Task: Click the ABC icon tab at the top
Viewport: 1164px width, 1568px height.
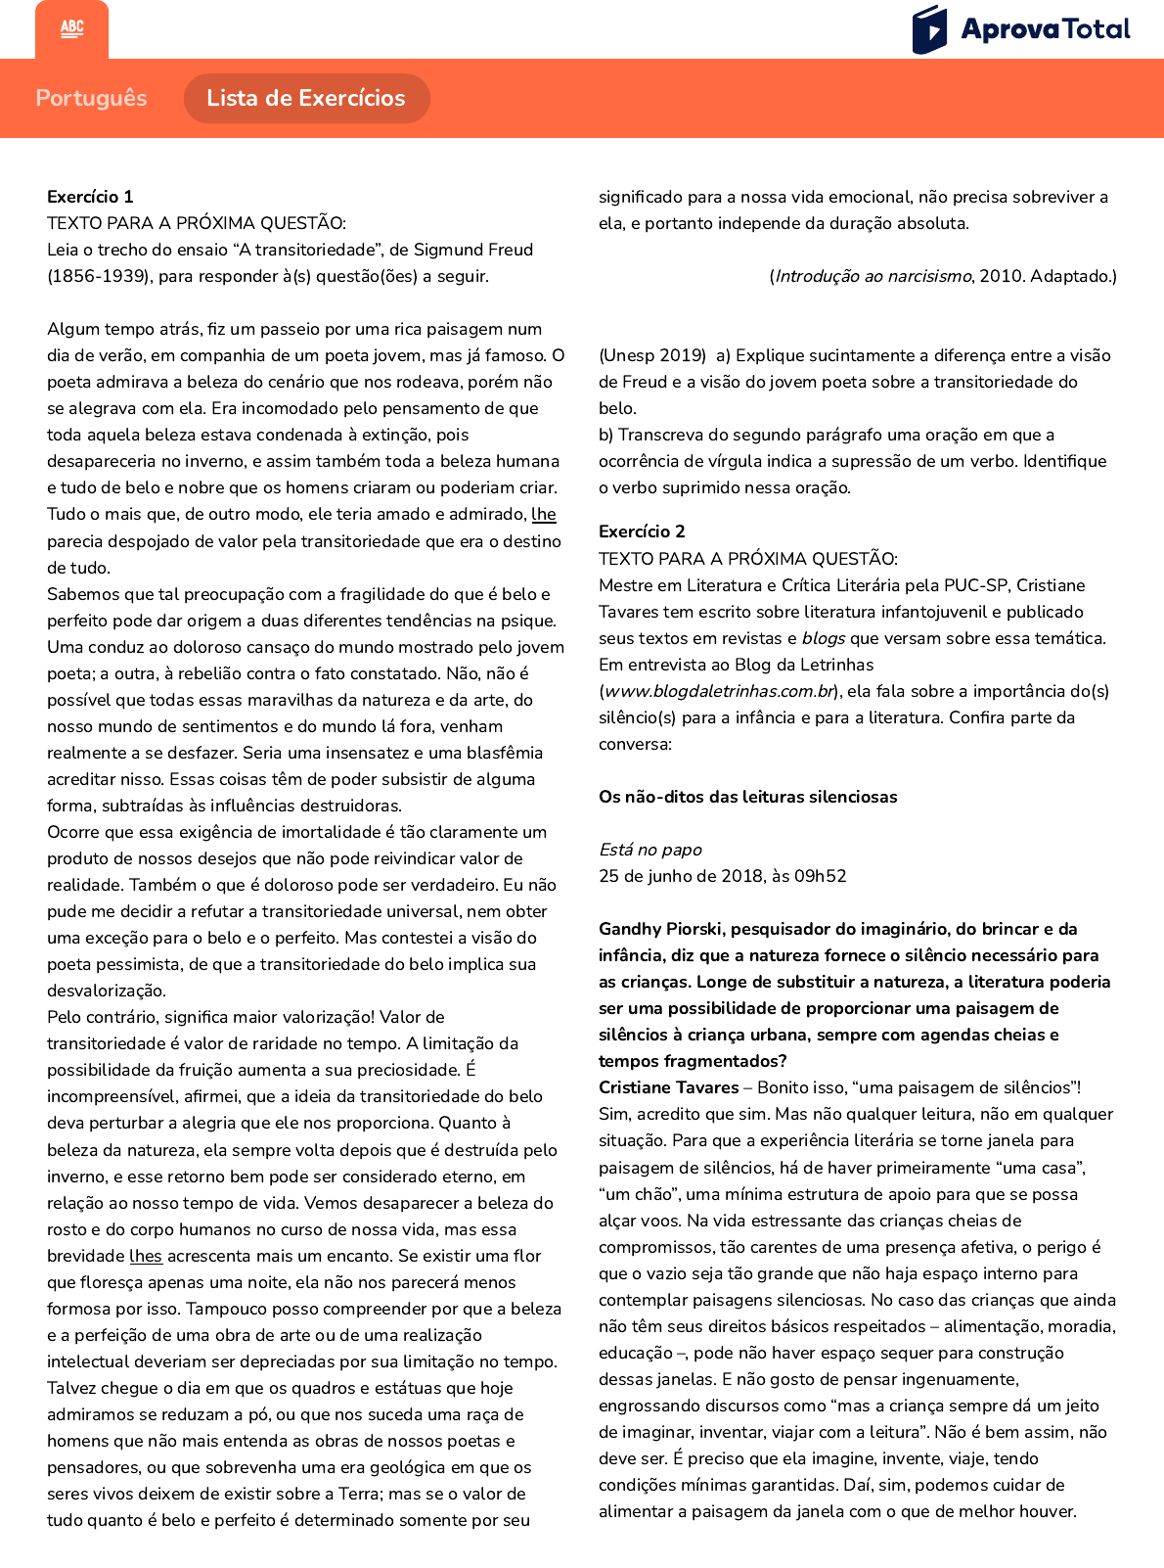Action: pyautogui.click(x=72, y=28)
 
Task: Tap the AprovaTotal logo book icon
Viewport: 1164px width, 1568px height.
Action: pyautogui.click(x=929, y=29)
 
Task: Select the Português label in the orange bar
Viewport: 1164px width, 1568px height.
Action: pyautogui.click(x=91, y=98)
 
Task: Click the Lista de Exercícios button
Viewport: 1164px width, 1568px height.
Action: pyautogui.click(x=306, y=98)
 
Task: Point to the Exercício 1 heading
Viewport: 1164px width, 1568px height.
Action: pyautogui.click(x=90, y=197)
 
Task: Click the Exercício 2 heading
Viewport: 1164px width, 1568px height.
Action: pyautogui.click(x=642, y=531)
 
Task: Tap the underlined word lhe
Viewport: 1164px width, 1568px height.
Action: pyautogui.click(x=544, y=514)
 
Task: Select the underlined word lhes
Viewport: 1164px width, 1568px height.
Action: pyautogui.click(x=146, y=1256)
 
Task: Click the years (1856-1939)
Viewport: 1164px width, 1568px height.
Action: pyautogui.click(x=99, y=276)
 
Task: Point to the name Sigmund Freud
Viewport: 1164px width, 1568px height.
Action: pyautogui.click(x=473, y=250)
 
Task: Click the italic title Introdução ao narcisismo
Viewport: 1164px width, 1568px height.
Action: pyautogui.click(x=873, y=276)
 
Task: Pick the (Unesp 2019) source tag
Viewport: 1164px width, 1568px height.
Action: pyautogui.click(x=652, y=355)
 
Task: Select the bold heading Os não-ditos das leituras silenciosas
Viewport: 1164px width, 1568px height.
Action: pyautogui.click(x=747, y=797)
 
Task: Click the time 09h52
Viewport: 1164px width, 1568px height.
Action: pyautogui.click(x=820, y=876)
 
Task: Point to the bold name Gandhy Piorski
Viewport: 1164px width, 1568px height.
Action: pyautogui.click(x=660, y=929)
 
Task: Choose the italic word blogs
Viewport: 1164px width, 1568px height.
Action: pyautogui.click(x=824, y=638)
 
